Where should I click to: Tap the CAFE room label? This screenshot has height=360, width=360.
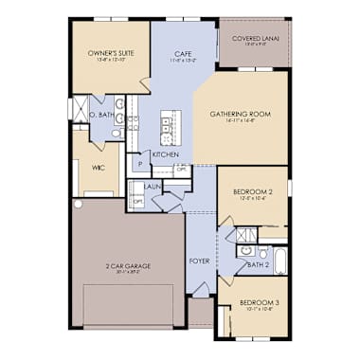coord(185,55)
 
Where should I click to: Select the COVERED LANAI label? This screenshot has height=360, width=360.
coord(253,39)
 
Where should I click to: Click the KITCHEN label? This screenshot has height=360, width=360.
coord(166,153)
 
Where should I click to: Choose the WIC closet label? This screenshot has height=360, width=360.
coord(98,168)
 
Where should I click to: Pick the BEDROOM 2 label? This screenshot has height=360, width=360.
coord(253,192)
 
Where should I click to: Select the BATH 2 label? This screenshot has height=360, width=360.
coord(259,265)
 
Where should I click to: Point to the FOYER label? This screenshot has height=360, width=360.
coord(199,261)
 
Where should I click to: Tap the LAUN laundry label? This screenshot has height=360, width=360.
coord(153,187)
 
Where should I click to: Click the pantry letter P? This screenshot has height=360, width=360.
coord(140,164)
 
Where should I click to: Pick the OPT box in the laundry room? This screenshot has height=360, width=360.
coord(137,201)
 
